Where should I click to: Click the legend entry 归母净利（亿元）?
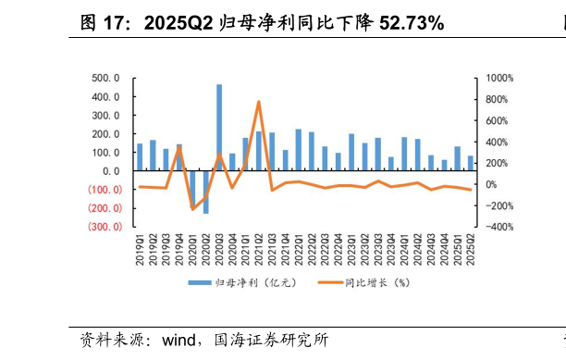[x=242, y=282]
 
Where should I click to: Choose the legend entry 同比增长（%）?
[x=365, y=282]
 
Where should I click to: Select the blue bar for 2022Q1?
[x=299, y=150]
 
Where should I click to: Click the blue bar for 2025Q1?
[x=457, y=158]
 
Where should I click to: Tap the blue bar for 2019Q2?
[x=153, y=155]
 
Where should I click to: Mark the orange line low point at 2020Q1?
[x=192, y=209]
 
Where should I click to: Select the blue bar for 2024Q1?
[x=404, y=155]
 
